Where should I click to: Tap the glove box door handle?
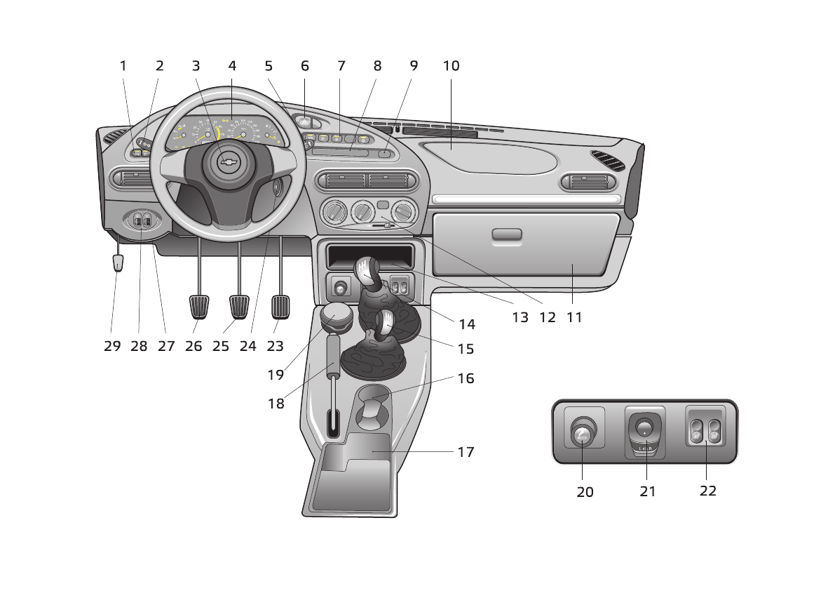[x=507, y=235]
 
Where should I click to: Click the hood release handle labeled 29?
[x=118, y=263]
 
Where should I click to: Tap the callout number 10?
[x=452, y=66]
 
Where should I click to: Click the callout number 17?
[x=466, y=452]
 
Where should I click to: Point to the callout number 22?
[x=708, y=491]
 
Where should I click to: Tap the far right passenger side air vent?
[x=588, y=183]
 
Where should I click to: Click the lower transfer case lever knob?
[x=385, y=324]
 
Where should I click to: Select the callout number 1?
[x=123, y=66]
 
